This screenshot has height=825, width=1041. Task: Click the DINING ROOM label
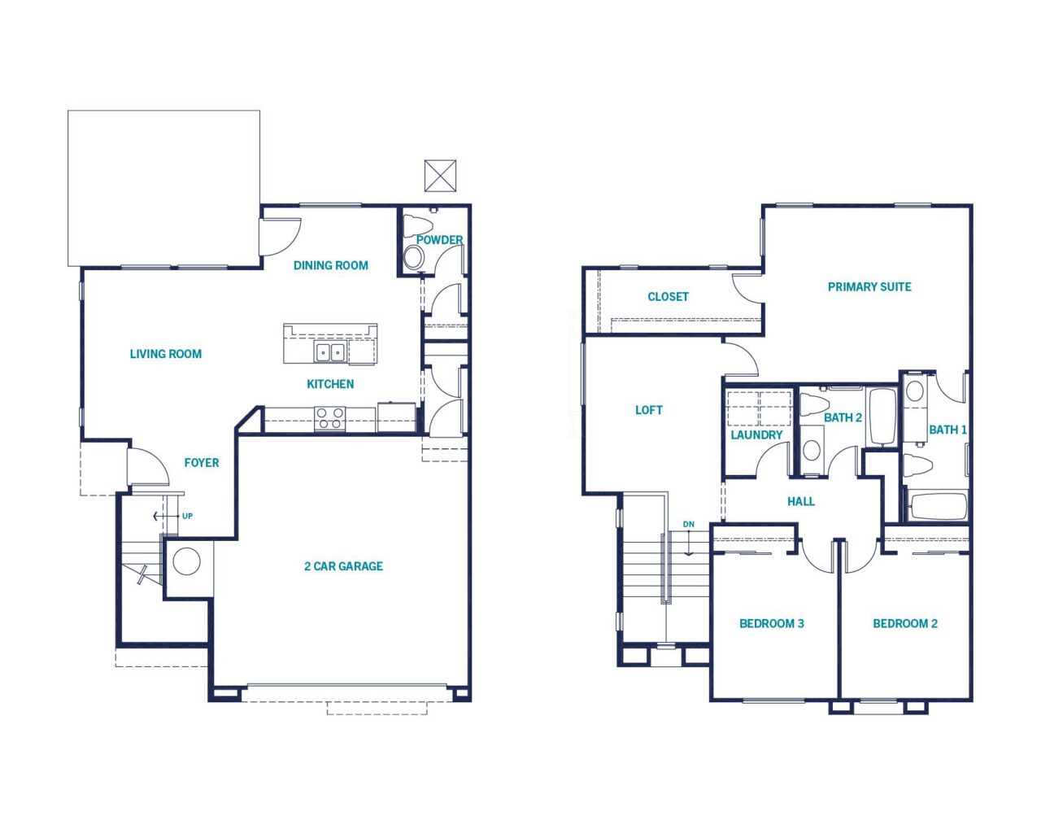click(x=331, y=265)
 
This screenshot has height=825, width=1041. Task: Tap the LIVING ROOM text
click(x=166, y=354)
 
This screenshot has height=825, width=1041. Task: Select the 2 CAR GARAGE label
click(x=343, y=566)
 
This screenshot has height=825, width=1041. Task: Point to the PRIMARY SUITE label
click(x=869, y=287)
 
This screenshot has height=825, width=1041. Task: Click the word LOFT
click(x=649, y=410)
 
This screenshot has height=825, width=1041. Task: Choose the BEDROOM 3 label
click(x=772, y=623)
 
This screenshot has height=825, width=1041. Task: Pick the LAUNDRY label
click(x=756, y=435)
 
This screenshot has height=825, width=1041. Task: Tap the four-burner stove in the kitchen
click(x=330, y=418)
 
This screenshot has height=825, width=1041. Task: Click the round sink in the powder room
click(x=413, y=257)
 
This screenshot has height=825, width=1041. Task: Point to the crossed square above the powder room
click(x=440, y=176)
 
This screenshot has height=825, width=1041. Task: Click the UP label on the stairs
click(x=187, y=517)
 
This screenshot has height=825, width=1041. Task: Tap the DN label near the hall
click(x=688, y=524)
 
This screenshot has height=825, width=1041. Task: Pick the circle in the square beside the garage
click(x=187, y=561)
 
